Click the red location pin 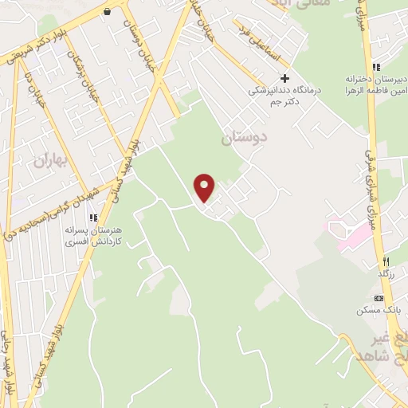pyautogui.click(x=206, y=187)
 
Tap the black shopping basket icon pyautogui.click(x=108, y=11)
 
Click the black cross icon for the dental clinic pyautogui.click(x=284, y=78)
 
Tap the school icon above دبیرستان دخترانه pyautogui.click(x=376, y=67)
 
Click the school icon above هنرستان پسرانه pyautogui.click(x=93, y=217)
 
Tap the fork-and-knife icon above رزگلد pyautogui.click(x=385, y=261)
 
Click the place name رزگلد pyautogui.click(x=384, y=274)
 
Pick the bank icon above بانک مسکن pyautogui.click(x=378, y=297)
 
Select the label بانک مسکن pyautogui.click(x=378, y=311)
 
